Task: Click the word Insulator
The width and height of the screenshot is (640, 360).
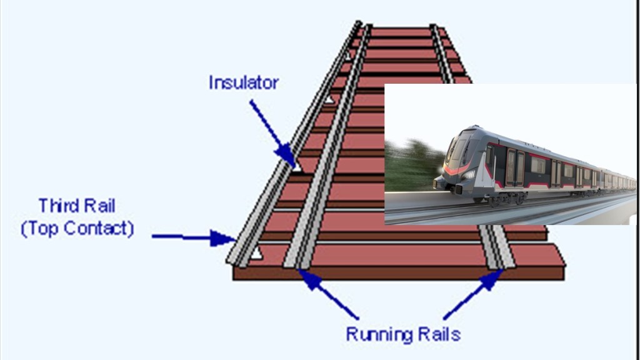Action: point(244,82)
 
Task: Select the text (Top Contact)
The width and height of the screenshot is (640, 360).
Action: point(77,228)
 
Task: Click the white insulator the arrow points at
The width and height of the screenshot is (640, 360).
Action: point(297,167)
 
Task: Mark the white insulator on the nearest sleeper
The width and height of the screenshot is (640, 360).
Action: point(256,253)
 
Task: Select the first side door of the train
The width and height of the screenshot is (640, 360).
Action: point(516,167)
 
